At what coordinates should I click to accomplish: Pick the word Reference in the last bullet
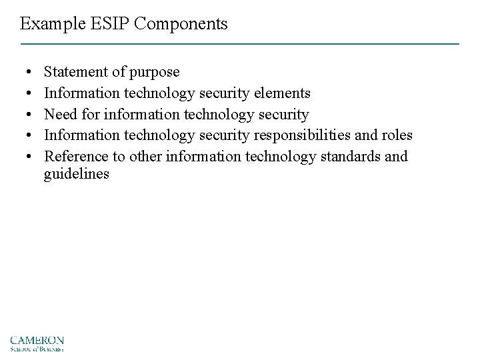[73, 157]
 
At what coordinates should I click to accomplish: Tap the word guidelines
[76, 175]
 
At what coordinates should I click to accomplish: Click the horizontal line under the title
[240, 44]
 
